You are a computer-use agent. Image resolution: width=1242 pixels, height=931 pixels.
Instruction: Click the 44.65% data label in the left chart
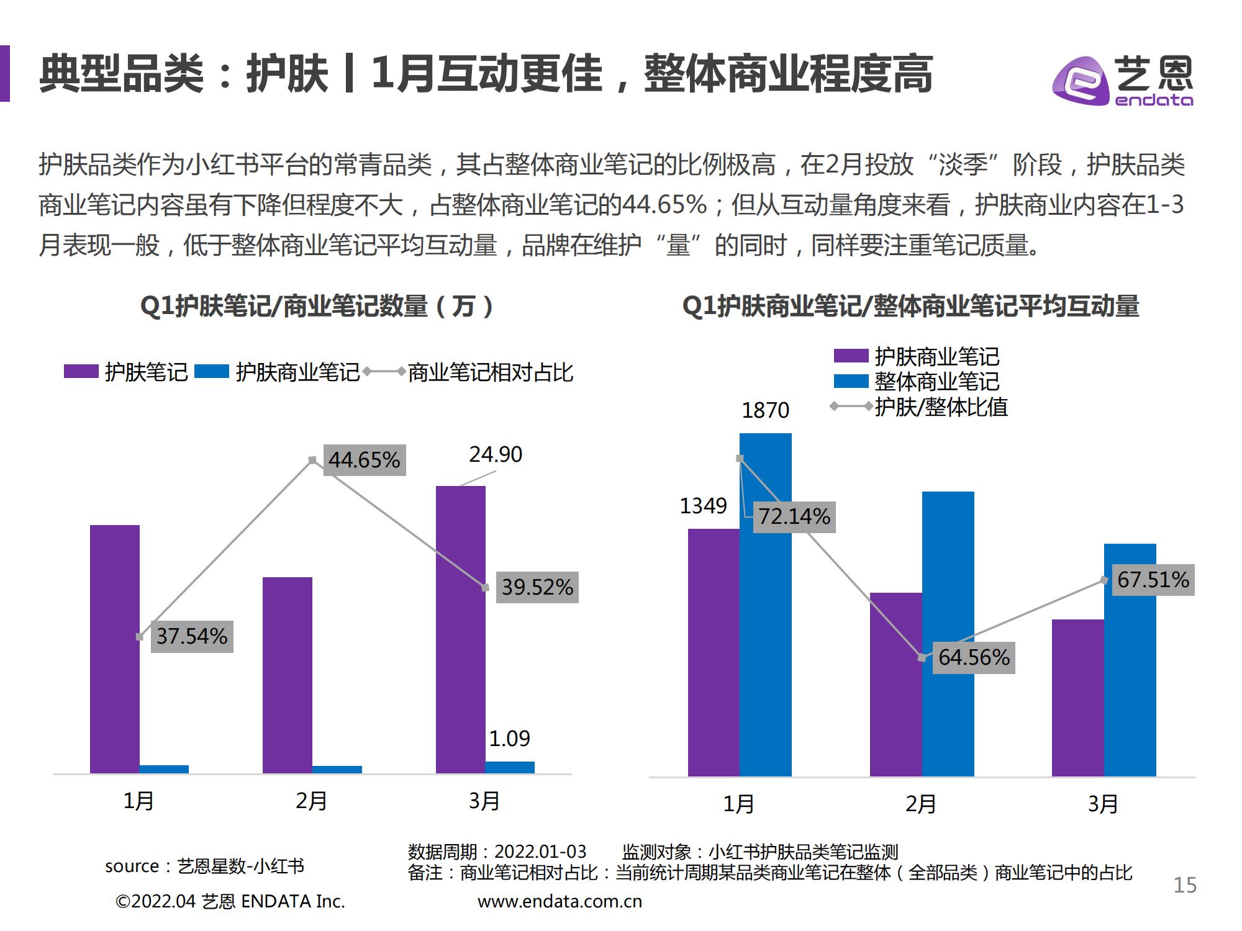[x=365, y=460]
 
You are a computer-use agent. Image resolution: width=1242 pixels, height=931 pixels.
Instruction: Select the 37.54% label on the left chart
[x=192, y=636]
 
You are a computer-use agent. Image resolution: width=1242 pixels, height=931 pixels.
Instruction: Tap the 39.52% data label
[x=537, y=587]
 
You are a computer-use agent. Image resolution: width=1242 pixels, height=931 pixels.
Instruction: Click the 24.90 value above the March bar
[x=496, y=454]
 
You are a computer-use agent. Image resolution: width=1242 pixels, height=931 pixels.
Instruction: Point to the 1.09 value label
[x=509, y=739]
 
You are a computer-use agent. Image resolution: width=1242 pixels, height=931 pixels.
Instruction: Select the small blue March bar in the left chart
[x=510, y=767]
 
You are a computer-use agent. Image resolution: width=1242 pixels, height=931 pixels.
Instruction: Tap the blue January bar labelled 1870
[x=766, y=605]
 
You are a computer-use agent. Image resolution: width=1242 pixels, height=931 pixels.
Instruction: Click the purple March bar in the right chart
[x=1077, y=698]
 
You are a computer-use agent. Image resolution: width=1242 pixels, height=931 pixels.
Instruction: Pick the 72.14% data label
[x=794, y=516]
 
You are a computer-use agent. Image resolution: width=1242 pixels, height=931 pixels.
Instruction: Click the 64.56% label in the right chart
[x=974, y=657]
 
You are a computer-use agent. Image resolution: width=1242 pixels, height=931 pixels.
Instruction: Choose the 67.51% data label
[x=1153, y=580]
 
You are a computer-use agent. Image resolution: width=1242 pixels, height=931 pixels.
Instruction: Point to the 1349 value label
[x=703, y=506]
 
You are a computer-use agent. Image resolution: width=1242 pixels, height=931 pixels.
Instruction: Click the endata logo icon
[x=1081, y=81]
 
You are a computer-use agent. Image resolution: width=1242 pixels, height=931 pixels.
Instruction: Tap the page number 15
[x=1185, y=885]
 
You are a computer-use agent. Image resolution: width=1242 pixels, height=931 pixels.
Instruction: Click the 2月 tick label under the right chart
[x=921, y=804]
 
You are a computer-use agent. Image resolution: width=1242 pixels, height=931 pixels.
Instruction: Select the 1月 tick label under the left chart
[x=138, y=801]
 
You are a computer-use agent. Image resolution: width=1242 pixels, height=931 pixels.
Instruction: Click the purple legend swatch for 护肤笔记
[x=81, y=372]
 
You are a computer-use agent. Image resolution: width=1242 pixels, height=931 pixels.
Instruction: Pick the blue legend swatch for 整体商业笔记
[x=851, y=381]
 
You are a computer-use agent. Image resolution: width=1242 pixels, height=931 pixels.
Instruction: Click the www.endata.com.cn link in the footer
[x=560, y=902]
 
